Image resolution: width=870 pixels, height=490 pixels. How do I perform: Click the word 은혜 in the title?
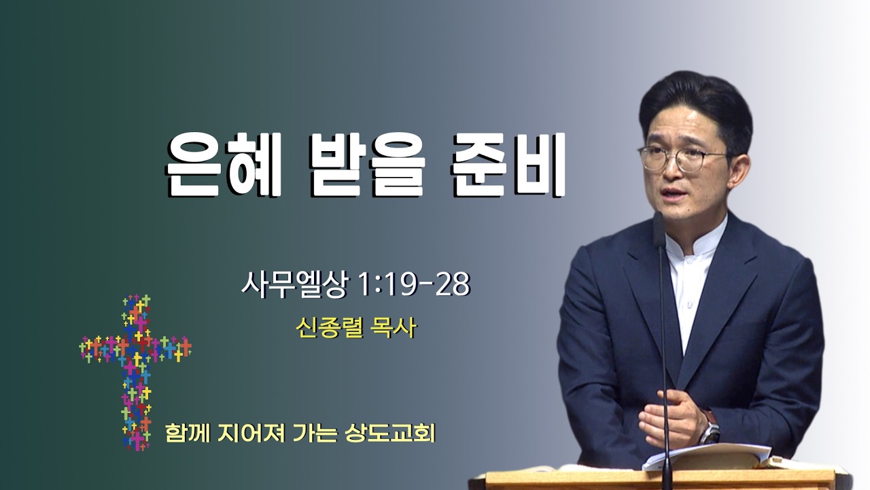point(224,165)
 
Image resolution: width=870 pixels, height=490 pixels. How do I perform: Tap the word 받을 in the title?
point(368,165)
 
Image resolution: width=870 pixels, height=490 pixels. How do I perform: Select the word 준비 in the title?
point(508,165)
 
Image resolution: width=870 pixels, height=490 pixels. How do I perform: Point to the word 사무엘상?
point(294,284)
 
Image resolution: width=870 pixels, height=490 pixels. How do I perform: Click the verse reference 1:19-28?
point(415,284)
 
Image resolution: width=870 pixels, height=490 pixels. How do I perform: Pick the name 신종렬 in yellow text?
point(330,329)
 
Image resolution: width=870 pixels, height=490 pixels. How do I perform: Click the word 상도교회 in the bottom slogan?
point(389,433)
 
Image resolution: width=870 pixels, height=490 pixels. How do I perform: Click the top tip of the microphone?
point(659,213)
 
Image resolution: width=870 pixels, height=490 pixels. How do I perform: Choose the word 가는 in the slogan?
point(313,433)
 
